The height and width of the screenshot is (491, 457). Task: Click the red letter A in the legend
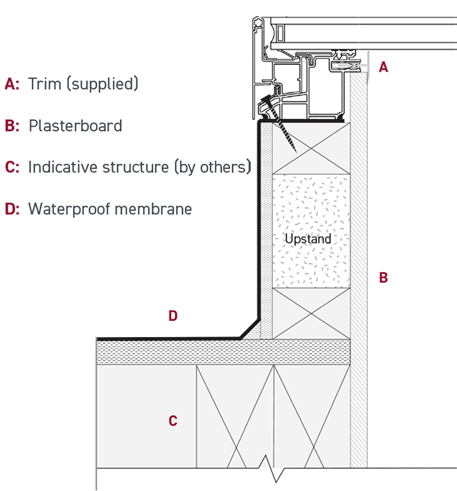pos(11,84)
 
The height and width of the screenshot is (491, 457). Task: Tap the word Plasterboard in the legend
pos(75,126)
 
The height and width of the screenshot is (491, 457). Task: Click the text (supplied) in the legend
pos(103,84)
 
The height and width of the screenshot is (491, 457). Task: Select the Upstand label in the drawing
pos(308,239)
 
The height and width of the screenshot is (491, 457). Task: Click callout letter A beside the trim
pos(383,67)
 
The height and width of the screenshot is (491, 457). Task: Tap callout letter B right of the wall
pos(383,278)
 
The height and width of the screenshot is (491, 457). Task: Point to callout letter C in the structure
pos(173,420)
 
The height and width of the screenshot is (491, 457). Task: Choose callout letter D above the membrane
pos(173,316)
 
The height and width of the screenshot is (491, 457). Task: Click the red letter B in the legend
pos(11,126)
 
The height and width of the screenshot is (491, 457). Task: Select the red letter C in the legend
pos(11,167)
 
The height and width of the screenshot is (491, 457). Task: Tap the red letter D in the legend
pos(11,208)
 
